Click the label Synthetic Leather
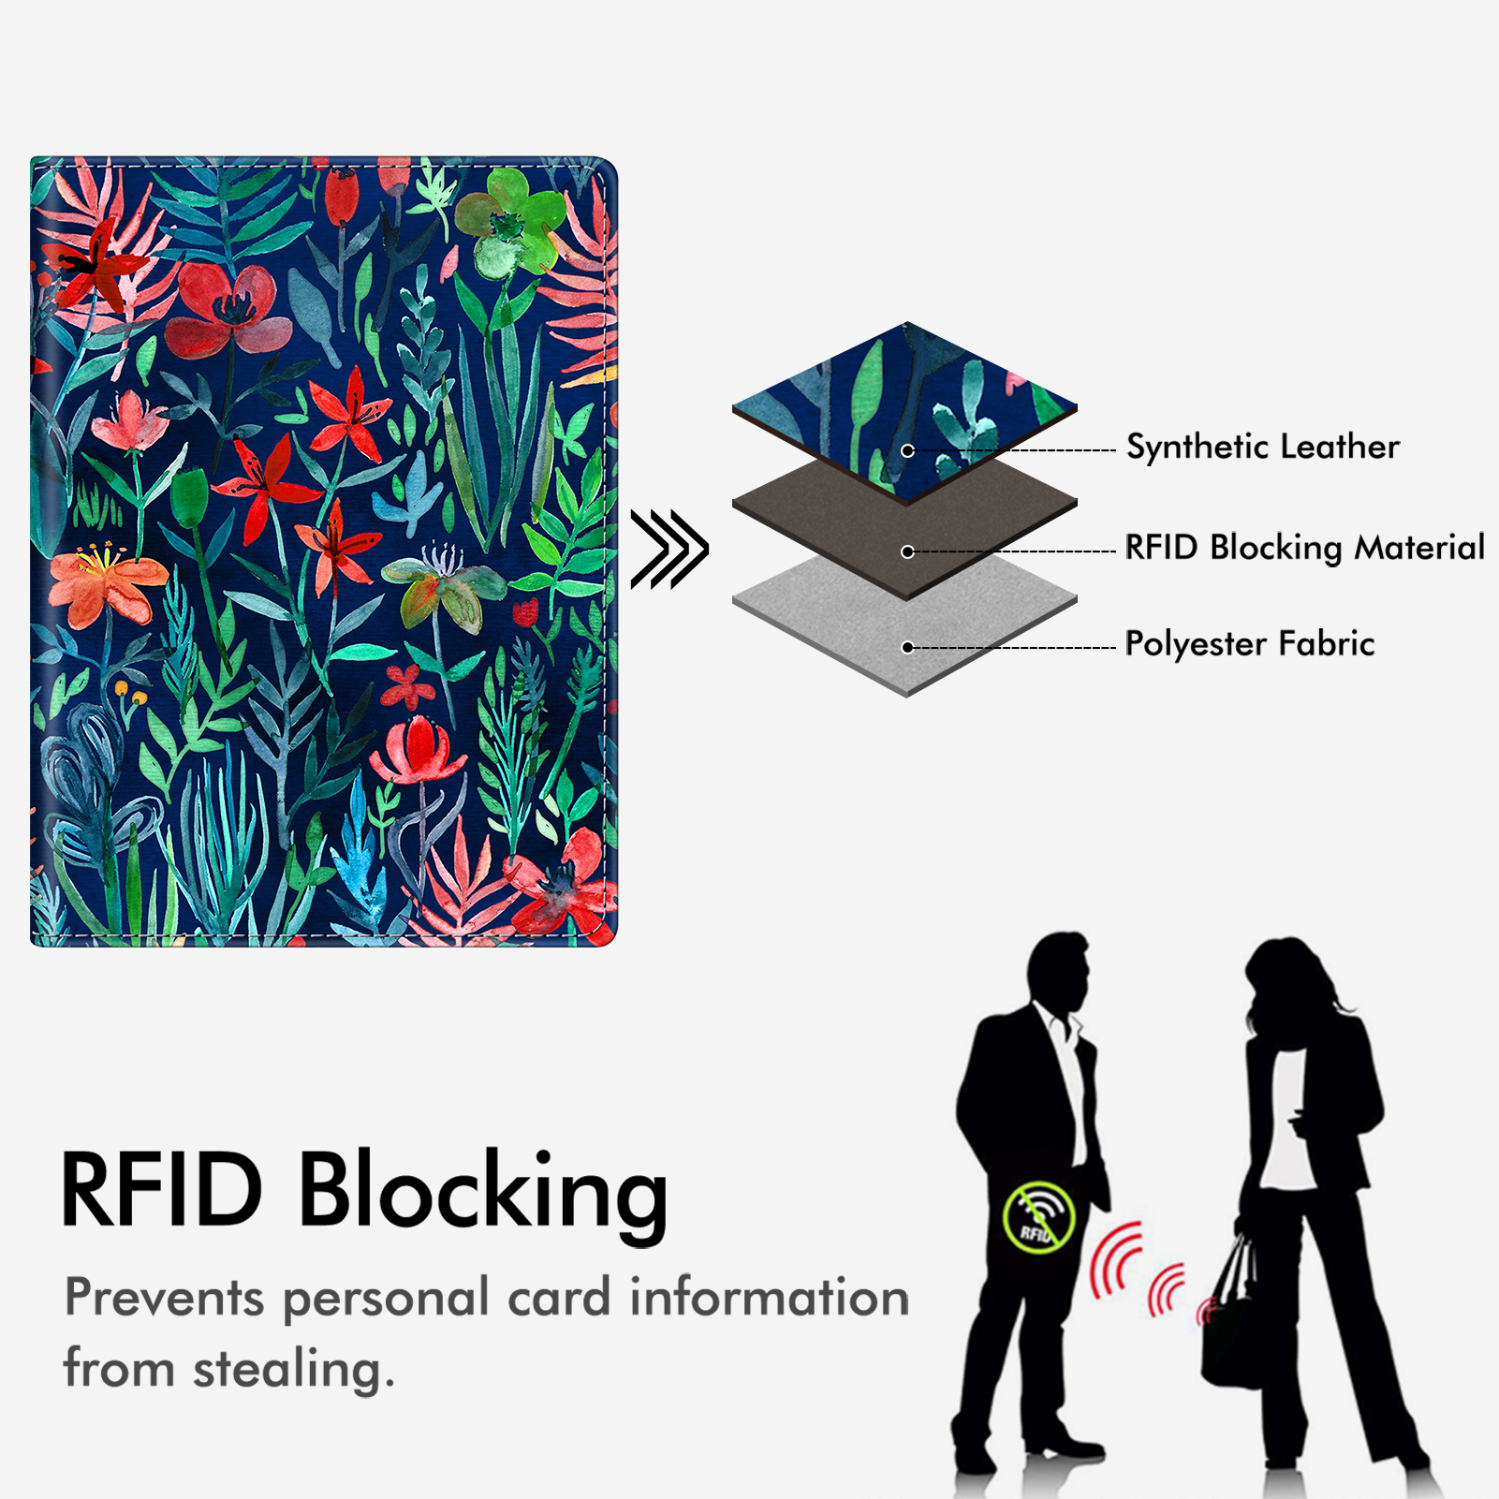coord(1262,448)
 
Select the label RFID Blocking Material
coord(1304,548)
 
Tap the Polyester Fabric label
coord(1250,644)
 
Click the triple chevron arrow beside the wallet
coord(669,549)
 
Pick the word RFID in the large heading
coord(161,1189)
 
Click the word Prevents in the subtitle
coord(165,1299)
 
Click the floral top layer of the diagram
coord(904,412)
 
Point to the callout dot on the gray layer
coord(907,647)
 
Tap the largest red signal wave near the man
coord(1114,1261)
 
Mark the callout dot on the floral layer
coord(907,450)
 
